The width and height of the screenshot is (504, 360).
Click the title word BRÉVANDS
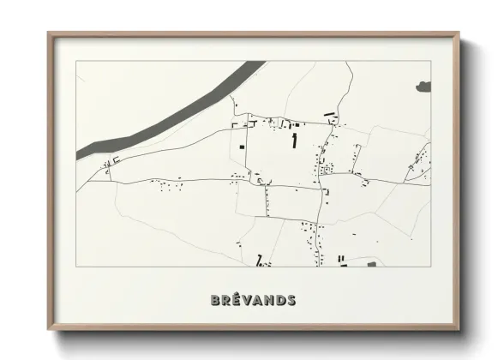point(253,300)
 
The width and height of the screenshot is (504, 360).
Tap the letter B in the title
point(215,300)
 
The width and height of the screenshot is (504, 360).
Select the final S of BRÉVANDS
point(291,300)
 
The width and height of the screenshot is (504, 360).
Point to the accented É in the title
point(237,299)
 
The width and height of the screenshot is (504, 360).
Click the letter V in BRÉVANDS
point(247,300)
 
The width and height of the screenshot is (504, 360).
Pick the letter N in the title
point(269,300)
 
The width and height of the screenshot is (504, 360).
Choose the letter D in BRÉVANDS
point(280,300)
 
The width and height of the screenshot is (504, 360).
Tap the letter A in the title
point(258,300)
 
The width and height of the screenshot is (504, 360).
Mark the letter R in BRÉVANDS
point(226,300)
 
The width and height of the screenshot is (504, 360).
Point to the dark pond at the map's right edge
point(423,86)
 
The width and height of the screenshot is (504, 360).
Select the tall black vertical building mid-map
point(295,140)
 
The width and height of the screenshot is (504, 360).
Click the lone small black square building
point(243,147)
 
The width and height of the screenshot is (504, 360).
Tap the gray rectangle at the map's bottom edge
point(372,264)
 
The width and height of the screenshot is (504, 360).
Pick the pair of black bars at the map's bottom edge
point(341,259)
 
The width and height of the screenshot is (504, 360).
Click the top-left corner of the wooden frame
point(49,33)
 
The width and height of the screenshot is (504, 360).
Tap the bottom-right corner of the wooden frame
point(459,329)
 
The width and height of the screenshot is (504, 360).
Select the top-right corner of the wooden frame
point(459,33)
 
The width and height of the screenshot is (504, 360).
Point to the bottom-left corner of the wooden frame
point(49,329)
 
